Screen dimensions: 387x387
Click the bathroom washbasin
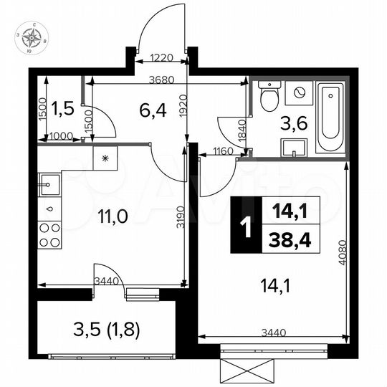(295, 148)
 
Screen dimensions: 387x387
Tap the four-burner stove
(49, 234)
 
